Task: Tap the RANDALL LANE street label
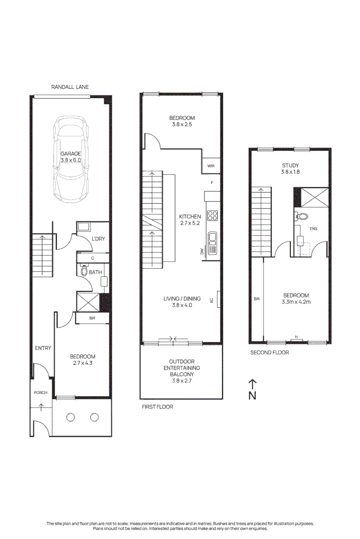pos(70,87)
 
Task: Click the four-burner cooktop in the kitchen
pos(213,216)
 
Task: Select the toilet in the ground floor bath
pos(83,271)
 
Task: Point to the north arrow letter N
pos(252,396)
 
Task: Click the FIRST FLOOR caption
pos(157,406)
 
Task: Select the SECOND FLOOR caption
pos(269,353)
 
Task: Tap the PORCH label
pos(40,393)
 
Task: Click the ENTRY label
pos(43,348)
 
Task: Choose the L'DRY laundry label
pos(98,239)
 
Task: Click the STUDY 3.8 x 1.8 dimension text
pos(290,172)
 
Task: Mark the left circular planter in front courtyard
pos(70,417)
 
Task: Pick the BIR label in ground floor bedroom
pos(92,318)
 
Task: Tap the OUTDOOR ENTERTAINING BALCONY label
pos(181,368)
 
